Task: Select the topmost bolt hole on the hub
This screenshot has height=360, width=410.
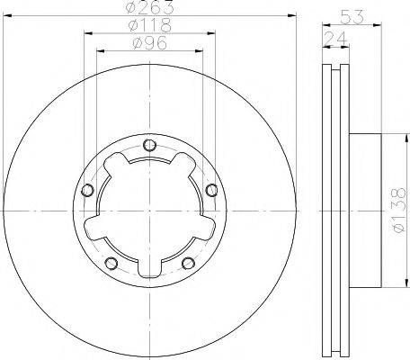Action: coord(149,145)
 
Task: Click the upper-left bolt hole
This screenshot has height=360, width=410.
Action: coord(87,190)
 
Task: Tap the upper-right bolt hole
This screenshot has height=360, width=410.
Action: coord(210,190)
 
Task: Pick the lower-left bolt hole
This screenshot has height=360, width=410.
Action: coord(111,263)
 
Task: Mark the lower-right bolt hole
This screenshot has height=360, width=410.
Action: coord(187,263)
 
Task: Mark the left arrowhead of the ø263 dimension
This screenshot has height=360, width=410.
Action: coord(6,16)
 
